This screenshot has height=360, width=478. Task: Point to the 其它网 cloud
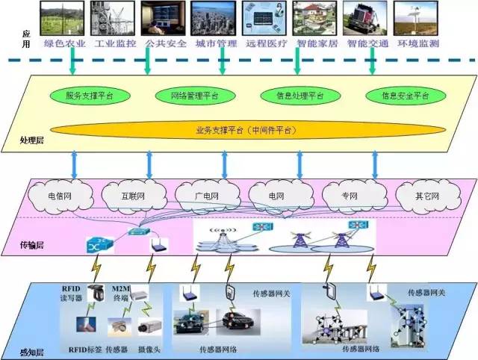pos(427,196)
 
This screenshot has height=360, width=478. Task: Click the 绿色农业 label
pos(66,43)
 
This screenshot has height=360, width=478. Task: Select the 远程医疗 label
pos(265,43)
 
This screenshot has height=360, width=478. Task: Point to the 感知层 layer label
pos(31,350)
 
